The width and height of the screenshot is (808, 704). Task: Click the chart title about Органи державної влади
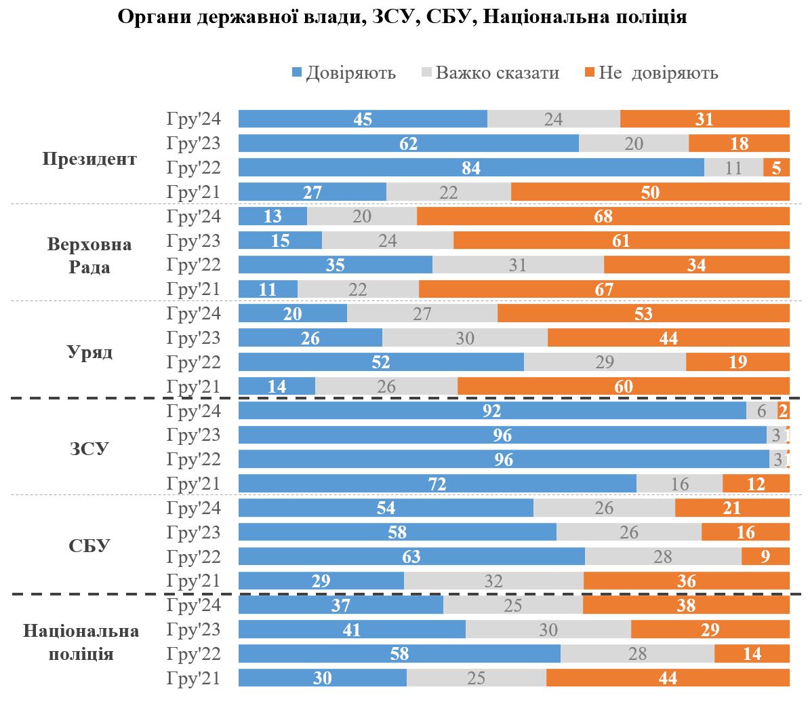(x=403, y=17)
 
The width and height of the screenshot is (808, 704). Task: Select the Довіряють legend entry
(x=344, y=73)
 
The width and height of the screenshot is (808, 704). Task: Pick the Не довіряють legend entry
(x=651, y=73)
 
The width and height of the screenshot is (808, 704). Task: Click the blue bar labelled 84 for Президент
(x=471, y=168)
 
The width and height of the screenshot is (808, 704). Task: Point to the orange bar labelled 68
(x=603, y=216)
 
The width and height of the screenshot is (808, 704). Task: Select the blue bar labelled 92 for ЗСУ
(x=492, y=411)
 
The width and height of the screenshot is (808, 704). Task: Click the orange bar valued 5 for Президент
(x=776, y=168)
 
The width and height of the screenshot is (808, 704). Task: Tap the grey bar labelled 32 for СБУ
(x=493, y=581)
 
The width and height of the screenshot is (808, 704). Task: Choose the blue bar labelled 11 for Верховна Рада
(x=268, y=290)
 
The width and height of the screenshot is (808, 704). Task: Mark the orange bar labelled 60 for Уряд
(x=623, y=387)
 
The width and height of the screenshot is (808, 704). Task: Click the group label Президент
(x=89, y=159)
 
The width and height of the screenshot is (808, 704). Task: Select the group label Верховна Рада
(x=89, y=255)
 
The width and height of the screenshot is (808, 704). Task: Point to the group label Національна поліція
(x=81, y=642)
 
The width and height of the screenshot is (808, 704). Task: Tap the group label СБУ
(x=89, y=545)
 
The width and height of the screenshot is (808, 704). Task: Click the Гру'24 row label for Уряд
(x=194, y=313)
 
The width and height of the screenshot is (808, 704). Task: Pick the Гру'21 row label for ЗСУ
(x=194, y=484)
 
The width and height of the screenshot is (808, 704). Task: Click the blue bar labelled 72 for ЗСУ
(x=437, y=484)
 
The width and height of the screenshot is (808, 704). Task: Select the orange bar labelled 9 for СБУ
(x=765, y=557)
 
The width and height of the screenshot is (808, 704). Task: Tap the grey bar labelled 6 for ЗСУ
(x=762, y=411)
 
